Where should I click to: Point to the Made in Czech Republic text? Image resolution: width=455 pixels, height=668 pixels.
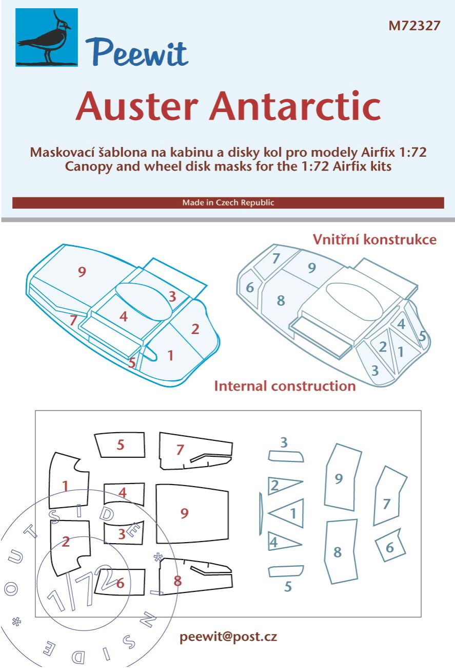click(x=228, y=202)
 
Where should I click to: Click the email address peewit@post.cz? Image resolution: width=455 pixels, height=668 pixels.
click(x=228, y=637)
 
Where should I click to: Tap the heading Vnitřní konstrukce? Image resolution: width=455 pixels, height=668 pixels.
click(x=375, y=239)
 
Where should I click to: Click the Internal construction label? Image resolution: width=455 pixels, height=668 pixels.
click(x=285, y=386)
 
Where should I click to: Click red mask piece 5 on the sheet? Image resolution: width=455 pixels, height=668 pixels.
click(x=121, y=445)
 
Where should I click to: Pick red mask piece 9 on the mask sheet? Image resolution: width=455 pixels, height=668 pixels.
click(x=192, y=513)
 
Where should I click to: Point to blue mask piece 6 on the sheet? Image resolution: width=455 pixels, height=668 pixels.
click(x=390, y=548)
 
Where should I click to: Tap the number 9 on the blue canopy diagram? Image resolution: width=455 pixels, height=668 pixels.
click(x=82, y=272)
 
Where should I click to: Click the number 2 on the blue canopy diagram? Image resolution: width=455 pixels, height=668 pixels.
click(x=195, y=329)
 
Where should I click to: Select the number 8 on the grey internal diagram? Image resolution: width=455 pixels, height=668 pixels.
click(x=280, y=301)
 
